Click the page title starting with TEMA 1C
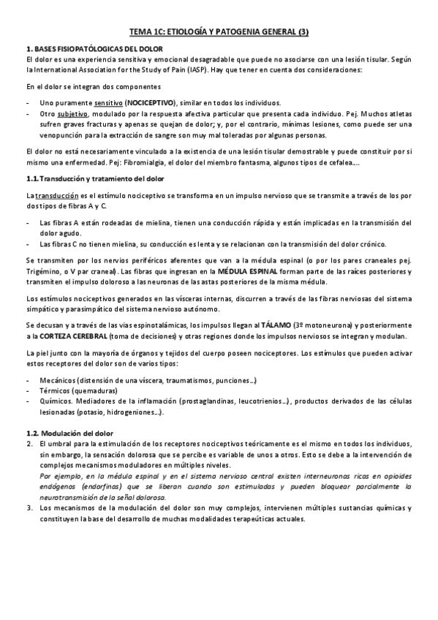click(x=219, y=32)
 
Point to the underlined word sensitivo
click(x=108, y=103)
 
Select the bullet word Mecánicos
click(x=60, y=382)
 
